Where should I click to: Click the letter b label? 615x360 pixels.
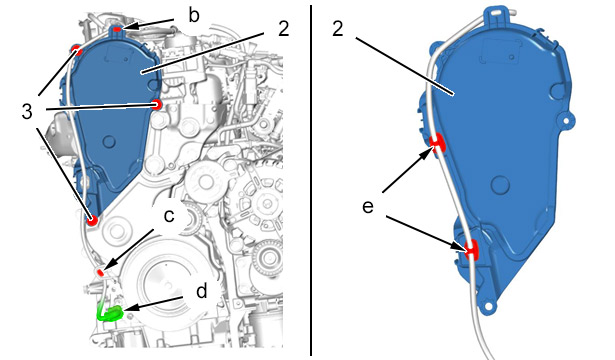[194, 16]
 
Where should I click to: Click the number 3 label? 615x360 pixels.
[27, 112]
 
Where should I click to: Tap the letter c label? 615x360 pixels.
[169, 215]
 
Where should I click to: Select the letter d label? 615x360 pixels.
[201, 292]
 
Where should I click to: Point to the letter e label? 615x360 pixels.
[368, 207]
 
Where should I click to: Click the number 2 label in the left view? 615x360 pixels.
[284, 29]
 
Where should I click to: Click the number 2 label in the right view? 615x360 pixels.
[338, 29]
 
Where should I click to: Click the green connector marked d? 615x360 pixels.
[110, 313]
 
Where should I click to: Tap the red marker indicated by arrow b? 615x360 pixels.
[117, 29]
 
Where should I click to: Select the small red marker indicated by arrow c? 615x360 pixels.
[100, 271]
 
